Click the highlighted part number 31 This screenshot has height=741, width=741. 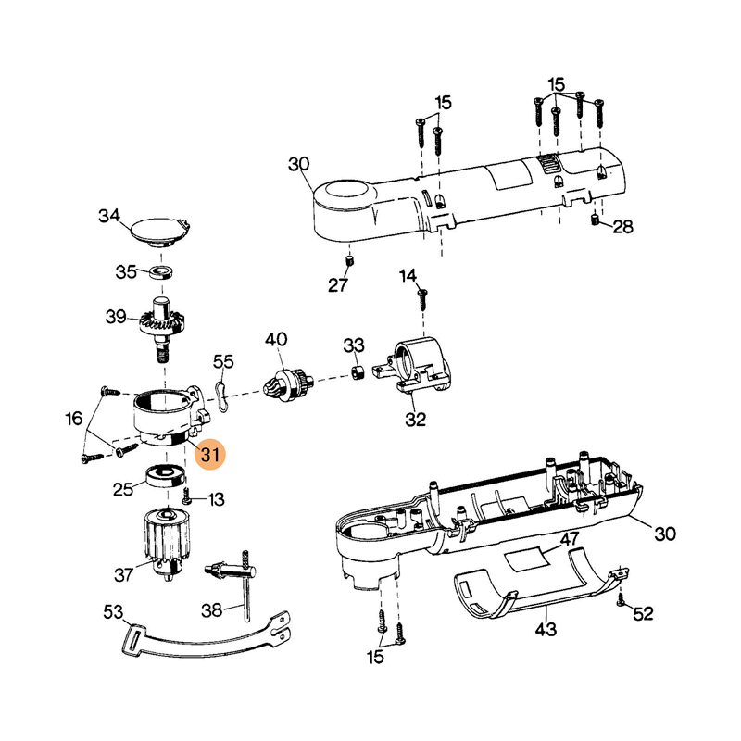[212, 454]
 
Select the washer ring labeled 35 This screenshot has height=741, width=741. [165, 272]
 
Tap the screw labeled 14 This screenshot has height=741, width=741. [422, 297]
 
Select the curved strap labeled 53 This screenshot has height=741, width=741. [213, 634]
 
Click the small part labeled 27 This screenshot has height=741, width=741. [351, 260]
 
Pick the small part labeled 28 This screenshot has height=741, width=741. [595, 220]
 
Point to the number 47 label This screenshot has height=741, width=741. [570, 539]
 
